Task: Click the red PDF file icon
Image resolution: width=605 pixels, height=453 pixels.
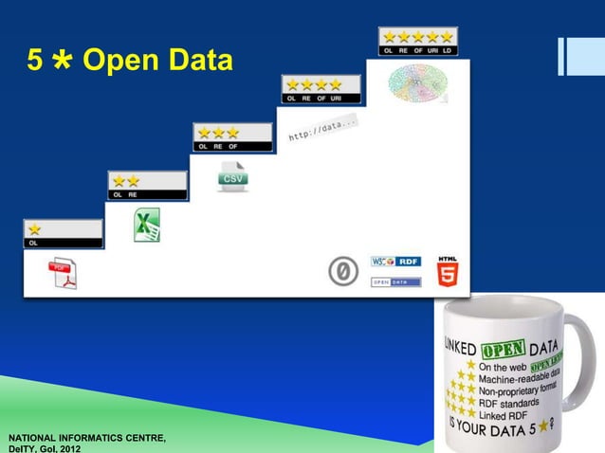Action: point(63,273)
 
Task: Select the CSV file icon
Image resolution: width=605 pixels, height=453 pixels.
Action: point(232,176)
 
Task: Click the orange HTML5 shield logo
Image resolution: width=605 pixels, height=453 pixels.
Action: point(448,270)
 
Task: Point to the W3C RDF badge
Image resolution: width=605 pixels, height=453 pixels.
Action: point(395,261)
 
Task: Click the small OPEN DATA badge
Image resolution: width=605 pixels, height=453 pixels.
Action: point(395,281)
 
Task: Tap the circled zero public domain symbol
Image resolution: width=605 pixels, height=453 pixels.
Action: point(343,271)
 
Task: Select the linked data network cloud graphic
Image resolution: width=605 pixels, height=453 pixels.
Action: point(417,83)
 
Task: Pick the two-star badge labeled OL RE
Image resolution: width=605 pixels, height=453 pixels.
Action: point(146,185)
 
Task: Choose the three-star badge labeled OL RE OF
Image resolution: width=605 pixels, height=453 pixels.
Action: point(234,137)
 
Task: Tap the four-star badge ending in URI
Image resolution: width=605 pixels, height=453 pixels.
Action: point(321,89)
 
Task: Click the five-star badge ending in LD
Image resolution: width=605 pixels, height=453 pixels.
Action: point(417,41)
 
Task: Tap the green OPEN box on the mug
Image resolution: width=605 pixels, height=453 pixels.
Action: point(504,348)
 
